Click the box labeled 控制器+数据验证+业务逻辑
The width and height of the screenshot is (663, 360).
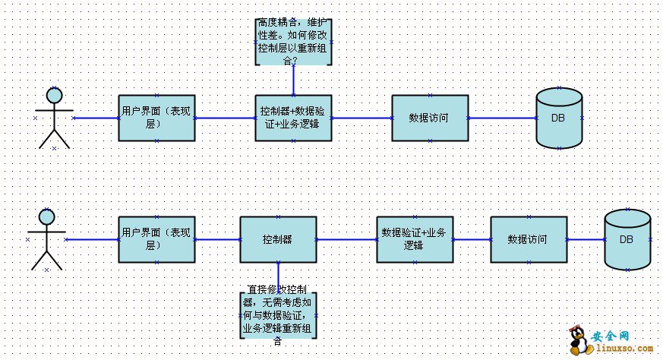293,118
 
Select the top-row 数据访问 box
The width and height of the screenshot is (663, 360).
429,118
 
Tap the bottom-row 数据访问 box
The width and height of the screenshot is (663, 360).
528,239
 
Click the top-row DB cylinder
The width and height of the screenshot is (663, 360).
559,118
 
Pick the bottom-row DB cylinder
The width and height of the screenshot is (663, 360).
627,239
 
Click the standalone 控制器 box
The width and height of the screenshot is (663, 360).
278,239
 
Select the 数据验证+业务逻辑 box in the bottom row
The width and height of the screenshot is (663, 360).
415,239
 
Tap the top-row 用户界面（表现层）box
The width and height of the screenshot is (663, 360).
156,118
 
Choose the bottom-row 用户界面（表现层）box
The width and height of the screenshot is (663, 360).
156,239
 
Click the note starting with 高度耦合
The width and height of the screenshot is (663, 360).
293,42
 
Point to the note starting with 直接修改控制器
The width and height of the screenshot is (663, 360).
278,314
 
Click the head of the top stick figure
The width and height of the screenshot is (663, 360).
54,95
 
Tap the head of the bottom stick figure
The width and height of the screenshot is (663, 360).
46,217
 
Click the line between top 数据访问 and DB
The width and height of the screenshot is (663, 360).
502,118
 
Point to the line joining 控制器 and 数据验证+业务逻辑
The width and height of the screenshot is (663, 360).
346,240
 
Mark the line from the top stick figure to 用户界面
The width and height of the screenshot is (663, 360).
96,118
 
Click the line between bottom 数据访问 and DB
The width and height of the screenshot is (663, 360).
585,240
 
